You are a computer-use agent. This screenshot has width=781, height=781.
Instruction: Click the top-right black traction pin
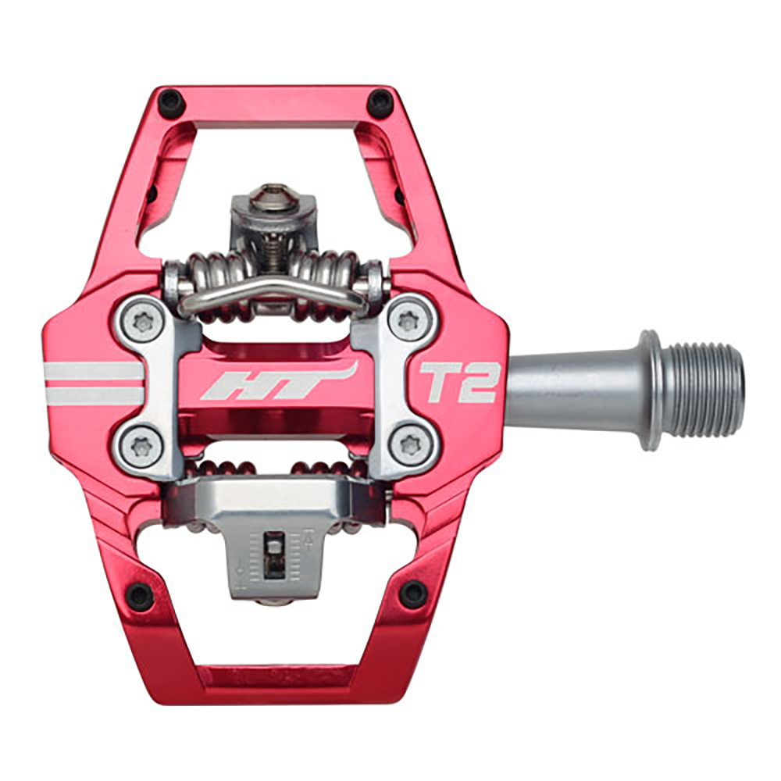coord(380,101)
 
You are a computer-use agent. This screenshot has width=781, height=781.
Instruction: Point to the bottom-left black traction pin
coord(140,597)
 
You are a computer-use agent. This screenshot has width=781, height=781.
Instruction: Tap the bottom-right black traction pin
coord(413,595)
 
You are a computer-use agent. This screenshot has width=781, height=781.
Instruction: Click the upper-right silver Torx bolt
coord(408,319)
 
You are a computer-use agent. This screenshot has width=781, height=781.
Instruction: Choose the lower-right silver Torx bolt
coord(408,445)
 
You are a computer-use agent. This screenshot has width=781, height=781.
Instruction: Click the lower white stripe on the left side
coord(94,396)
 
